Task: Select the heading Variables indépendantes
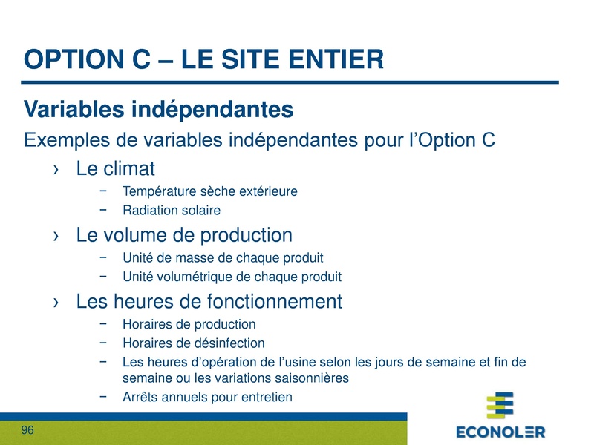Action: coord(159,110)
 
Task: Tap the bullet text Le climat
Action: coord(115,169)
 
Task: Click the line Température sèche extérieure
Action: coord(209,191)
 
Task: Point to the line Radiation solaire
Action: coord(172,211)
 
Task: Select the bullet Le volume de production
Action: coord(184,236)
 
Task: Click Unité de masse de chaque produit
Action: coord(223,258)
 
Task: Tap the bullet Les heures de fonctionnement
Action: coord(209,302)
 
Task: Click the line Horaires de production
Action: coord(189,324)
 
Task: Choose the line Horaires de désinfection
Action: coord(193,343)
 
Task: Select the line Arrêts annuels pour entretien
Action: coord(207,397)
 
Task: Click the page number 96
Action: coord(28,431)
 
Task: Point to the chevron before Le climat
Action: coord(56,171)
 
